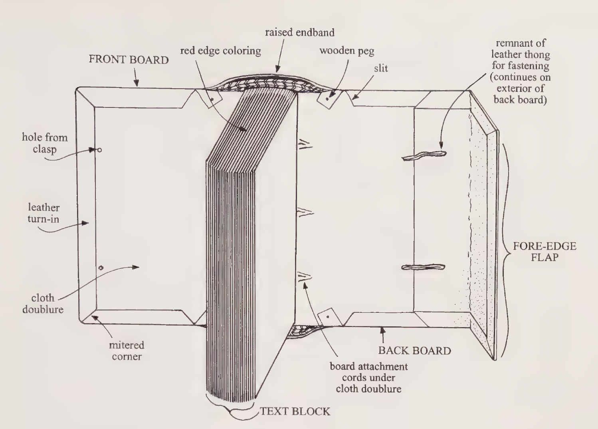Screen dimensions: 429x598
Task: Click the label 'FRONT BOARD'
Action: [x=129, y=60]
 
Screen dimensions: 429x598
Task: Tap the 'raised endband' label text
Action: [x=299, y=32]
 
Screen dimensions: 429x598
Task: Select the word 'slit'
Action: [x=381, y=68]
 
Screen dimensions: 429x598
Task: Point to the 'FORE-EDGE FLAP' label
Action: [x=545, y=251]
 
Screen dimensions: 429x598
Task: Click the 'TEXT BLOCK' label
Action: [x=295, y=411]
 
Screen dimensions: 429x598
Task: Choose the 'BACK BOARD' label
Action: [x=414, y=351]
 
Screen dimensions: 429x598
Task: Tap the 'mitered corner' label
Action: [x=127, y=351]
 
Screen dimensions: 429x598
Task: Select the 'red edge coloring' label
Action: [x=220, y=51]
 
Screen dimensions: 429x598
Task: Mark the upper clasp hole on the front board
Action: [x=99, y=150]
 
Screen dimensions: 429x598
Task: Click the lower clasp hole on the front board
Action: [x=101, y=268]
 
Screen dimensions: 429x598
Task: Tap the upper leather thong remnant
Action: [x=424, y=155]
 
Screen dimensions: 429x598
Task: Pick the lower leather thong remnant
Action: [x=423, y=267]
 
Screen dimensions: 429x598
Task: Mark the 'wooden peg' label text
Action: [x=347, y=51]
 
